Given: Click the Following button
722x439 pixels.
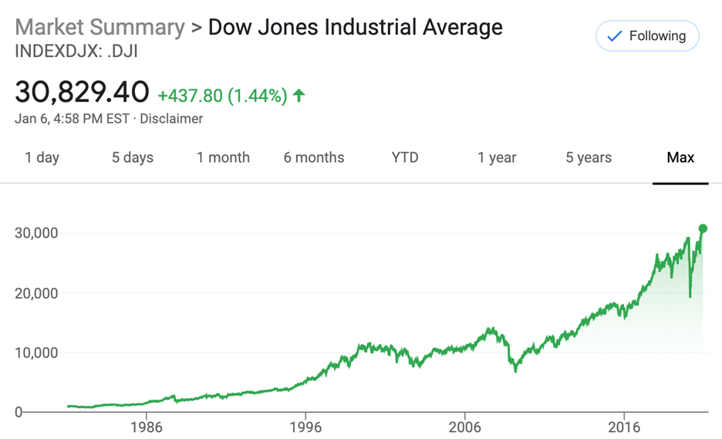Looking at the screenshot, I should (x=646, y=36).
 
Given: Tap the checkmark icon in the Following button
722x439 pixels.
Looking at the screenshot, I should (x=615, y=36).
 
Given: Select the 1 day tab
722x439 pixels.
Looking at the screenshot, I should (x=42, y=157).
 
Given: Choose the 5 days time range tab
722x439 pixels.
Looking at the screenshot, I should (x=133, y=157).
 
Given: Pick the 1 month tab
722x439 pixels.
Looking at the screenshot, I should (x=223, y=157).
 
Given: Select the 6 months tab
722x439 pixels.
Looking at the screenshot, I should (x=315, y=157).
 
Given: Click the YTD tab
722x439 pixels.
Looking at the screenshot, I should (x=405, y=157).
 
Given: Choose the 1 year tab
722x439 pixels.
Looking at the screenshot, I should (x=497, y=157).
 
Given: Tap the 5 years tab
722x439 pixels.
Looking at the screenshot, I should (x=589, y=157).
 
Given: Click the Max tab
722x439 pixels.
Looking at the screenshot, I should (x=680, y=157).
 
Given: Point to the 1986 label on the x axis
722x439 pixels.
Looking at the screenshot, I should (x=147, y=426).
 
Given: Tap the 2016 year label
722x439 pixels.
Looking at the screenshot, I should (x=625, y=426).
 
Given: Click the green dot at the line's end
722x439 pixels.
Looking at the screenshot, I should (x=703, y=228).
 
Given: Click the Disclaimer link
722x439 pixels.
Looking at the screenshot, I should (x=172, y=119).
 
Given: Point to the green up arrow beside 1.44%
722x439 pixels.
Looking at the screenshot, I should (x=299, y=96).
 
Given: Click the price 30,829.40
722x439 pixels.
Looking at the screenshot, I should (x=82, y=93).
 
